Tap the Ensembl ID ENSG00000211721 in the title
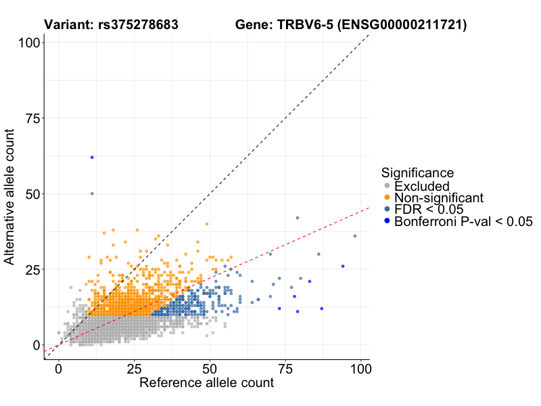click(x=403, y=25)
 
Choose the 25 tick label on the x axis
click(x=134, y=369)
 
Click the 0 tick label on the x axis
click(x=59, y=369)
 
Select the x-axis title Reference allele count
click(x=206, y=383)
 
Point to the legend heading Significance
click(x=417, y=173)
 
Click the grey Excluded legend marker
click(x=387, y=186)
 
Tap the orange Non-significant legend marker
click(x=387, y=198)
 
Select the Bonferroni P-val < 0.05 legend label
click(x=464, y=221)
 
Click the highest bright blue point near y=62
click(x=92, y=157)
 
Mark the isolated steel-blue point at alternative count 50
click(x=92, y=194)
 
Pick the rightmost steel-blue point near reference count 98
click(x=355, y=236)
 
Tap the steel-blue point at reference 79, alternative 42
click(x=298, y=218)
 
